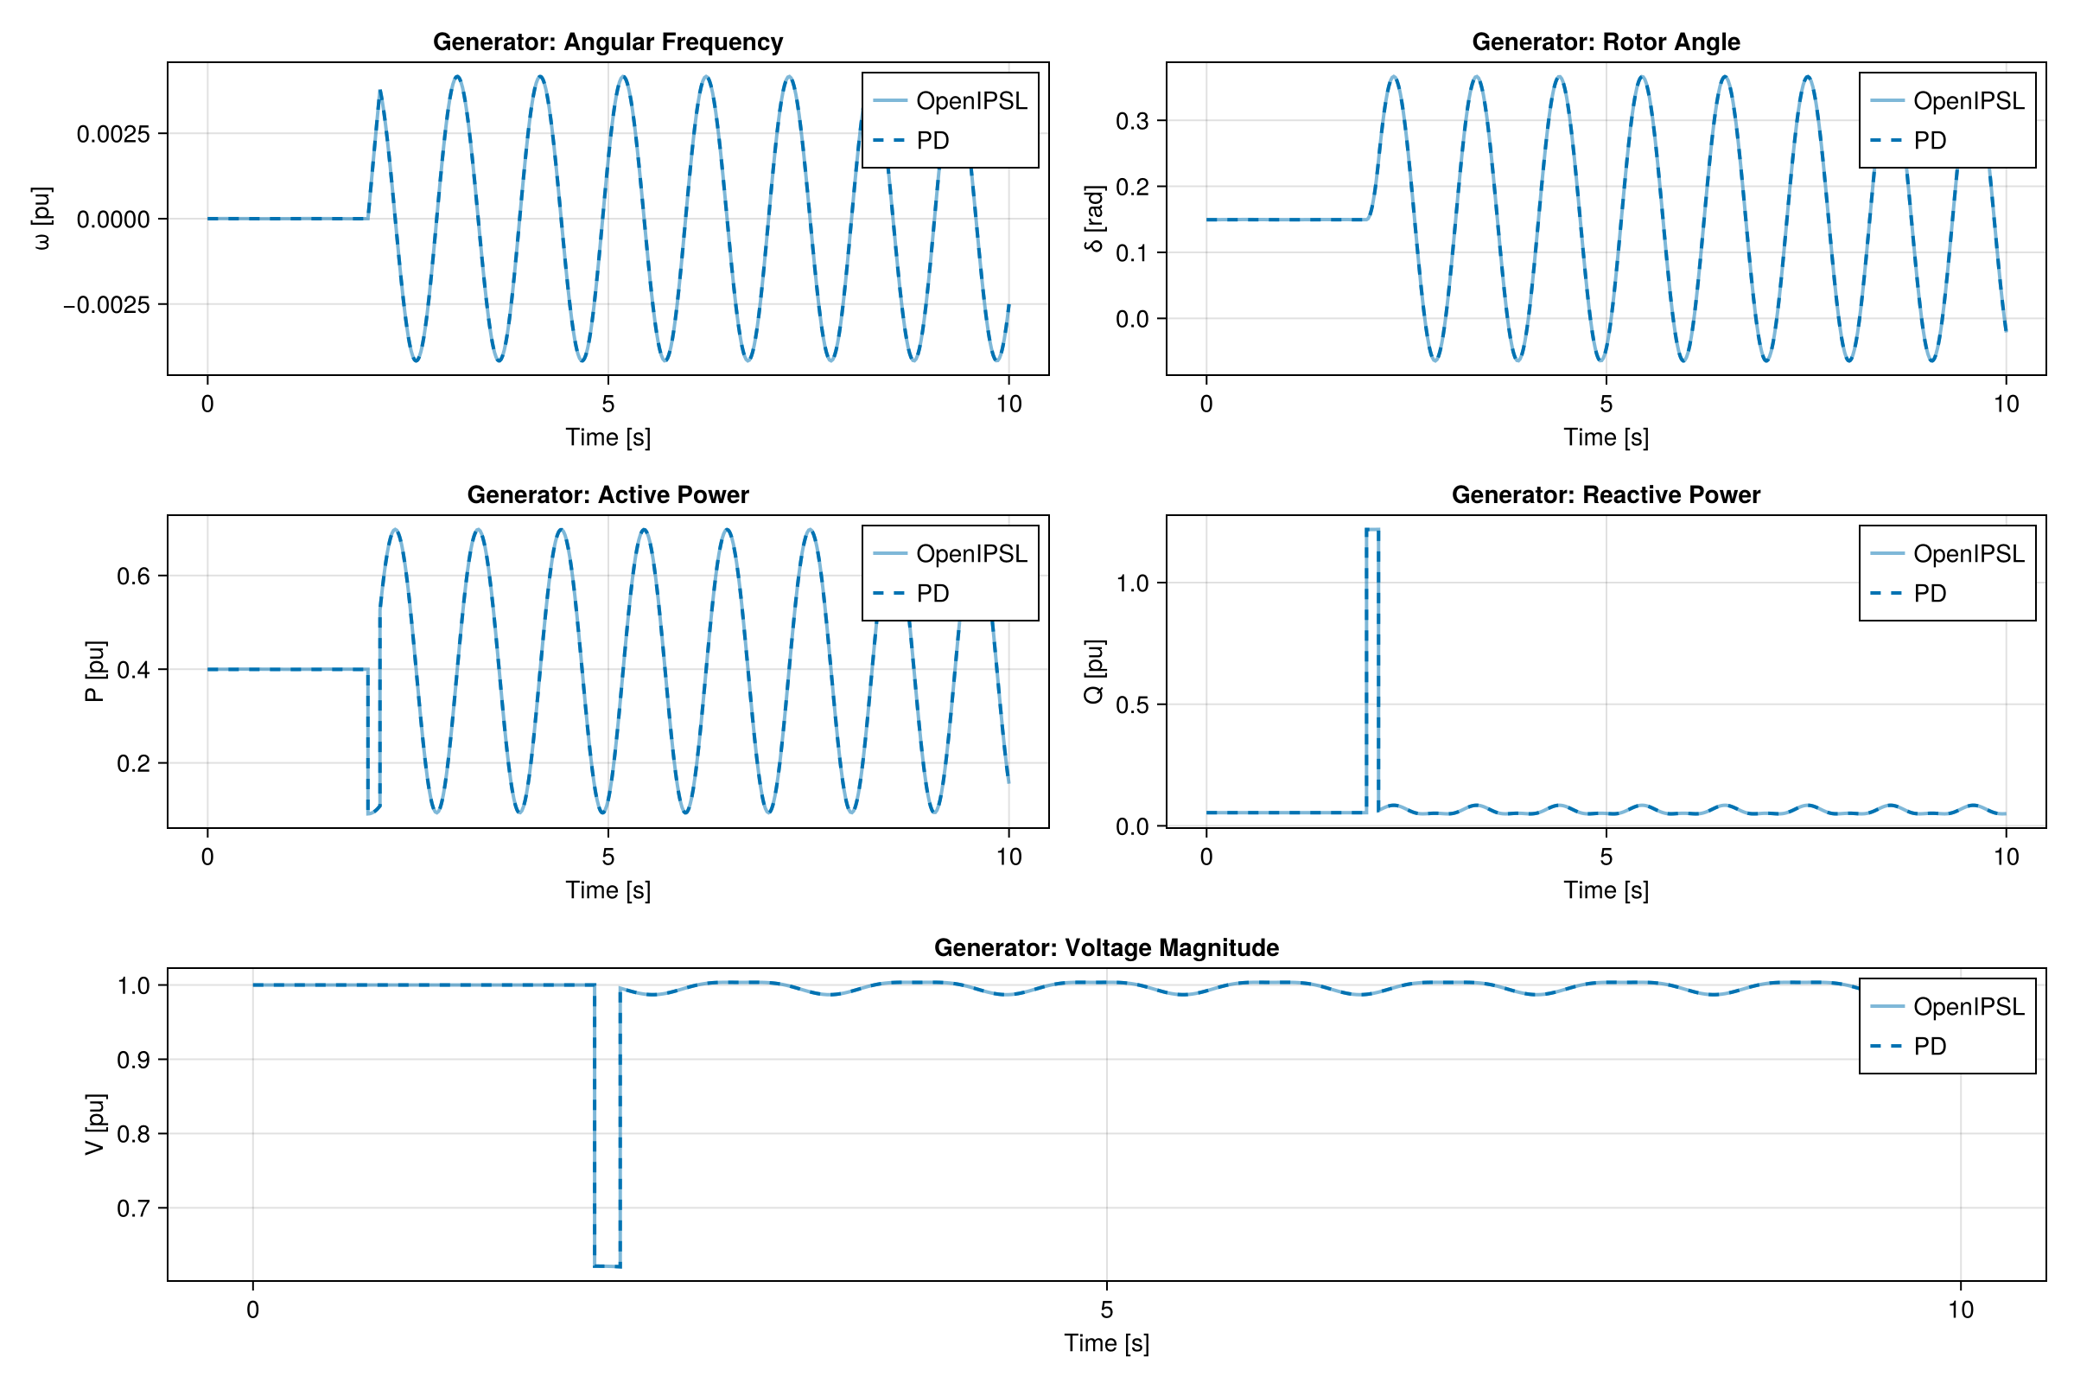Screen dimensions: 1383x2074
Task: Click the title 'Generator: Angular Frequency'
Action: coord(608,42)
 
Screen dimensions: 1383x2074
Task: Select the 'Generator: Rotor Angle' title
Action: coord(1606,42)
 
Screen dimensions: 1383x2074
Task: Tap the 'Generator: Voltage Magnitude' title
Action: coord(1106,947)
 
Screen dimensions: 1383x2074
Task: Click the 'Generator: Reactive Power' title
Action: coord(1606,494)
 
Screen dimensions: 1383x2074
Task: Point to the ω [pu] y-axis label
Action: coord(41,219)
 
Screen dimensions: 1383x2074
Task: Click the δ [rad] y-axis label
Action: coord(1093,219)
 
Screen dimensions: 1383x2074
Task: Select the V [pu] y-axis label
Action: coord(95,1124)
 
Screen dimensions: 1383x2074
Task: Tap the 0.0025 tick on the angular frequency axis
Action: coord(113,134)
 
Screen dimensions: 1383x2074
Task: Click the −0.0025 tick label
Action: coord(105,305)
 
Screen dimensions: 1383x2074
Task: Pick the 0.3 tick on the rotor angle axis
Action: coord(1132,121)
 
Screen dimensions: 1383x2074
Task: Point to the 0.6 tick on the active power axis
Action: coord(133,577)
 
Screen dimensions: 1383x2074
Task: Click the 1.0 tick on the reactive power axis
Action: coord(1132,583)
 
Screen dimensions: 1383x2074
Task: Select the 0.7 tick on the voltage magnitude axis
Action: coord(133,1208)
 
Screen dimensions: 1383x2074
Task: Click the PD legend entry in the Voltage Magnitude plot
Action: coord(1930,1046)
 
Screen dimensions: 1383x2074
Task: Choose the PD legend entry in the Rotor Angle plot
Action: coord(1930,141)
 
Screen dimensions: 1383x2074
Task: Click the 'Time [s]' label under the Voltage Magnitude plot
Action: coord(1106,1342)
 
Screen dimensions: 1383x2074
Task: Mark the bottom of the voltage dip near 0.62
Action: coord(607,1266)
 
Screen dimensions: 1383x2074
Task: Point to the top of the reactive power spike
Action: coord(1372,529)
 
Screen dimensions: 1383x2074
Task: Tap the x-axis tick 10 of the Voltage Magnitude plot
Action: coord(1960,1310)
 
